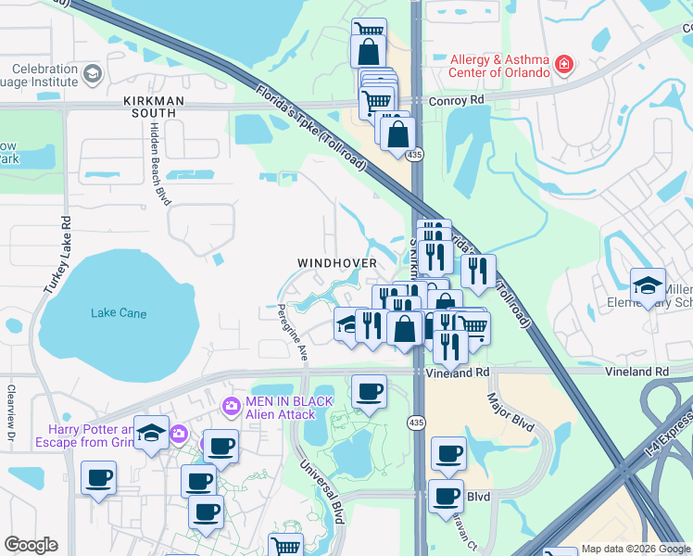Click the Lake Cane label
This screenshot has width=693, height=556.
coord(119,313)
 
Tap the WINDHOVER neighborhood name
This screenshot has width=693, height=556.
coord(337,263)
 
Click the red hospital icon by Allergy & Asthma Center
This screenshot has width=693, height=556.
coord(563,65)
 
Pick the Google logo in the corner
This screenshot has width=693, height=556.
coord(31,545)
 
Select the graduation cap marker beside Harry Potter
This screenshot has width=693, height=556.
coord(151,434)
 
